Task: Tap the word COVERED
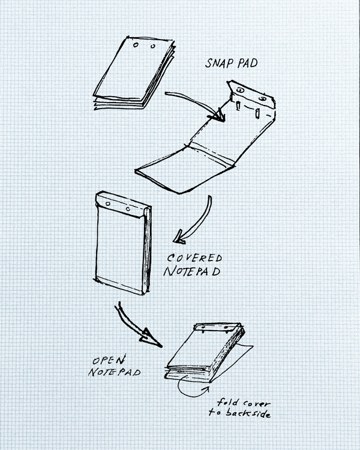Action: [194, 258]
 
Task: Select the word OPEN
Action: [109, 360]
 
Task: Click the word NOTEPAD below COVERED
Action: [192, 271]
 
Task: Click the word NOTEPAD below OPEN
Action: [114, 372]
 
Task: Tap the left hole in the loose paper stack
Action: [136, 45]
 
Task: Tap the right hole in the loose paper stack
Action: [153, 46]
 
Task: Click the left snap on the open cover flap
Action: [240, 91]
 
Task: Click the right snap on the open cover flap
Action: [262, 99]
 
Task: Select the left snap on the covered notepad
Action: [108, 204]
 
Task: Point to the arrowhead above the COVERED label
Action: [180, 237]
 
